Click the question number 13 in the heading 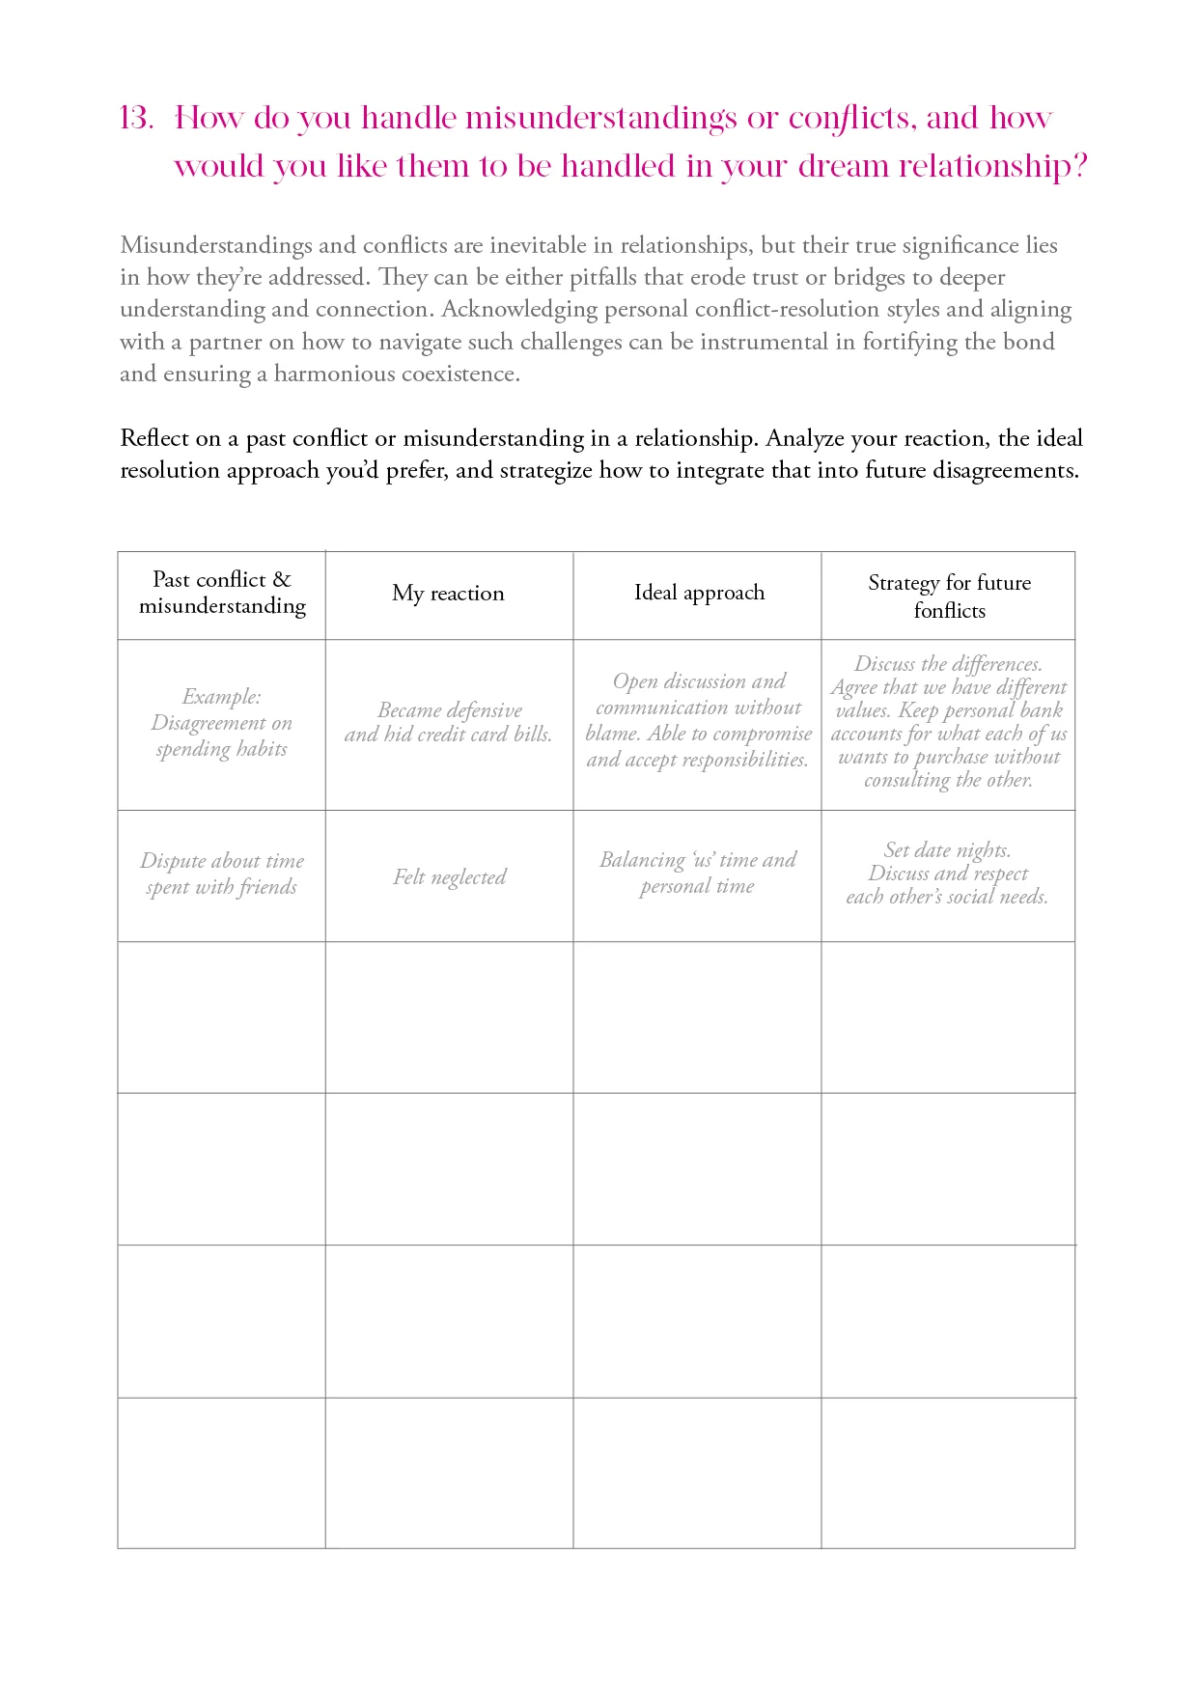coord(136,118)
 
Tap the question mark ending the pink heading coord(1078,166)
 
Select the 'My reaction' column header coord(448,594)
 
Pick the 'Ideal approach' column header coord(699,593)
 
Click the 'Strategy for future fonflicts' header coord(949,596)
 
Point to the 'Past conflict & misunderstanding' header coord(222,593)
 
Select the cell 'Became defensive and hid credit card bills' coord(449,722)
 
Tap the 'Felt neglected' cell coord(449,877)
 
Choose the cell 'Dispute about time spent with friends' coord(222,874)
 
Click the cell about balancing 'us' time coord(698,873)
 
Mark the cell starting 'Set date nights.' coord(948,874)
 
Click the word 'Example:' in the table coord(222,697)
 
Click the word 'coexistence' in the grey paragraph coord(458,375)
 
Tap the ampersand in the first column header coord(282,579)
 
